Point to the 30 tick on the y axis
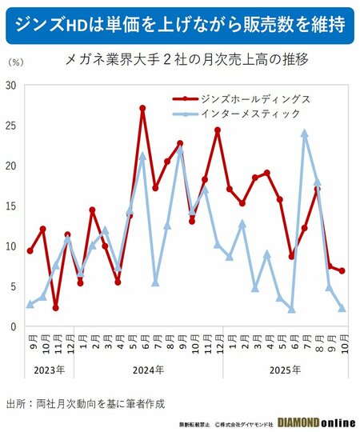(10, 85)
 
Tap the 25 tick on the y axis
(10, 125)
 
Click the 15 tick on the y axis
(10, 206)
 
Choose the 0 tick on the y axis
(13, 326)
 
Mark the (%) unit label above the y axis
(15, 61)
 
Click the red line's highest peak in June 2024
(142, 107)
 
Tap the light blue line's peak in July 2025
(305, 133)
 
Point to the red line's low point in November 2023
(55, 308)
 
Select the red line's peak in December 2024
(217, 130)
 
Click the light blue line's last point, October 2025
(342, 308)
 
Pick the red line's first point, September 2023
(30, 251)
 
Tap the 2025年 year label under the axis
(286, 370)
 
